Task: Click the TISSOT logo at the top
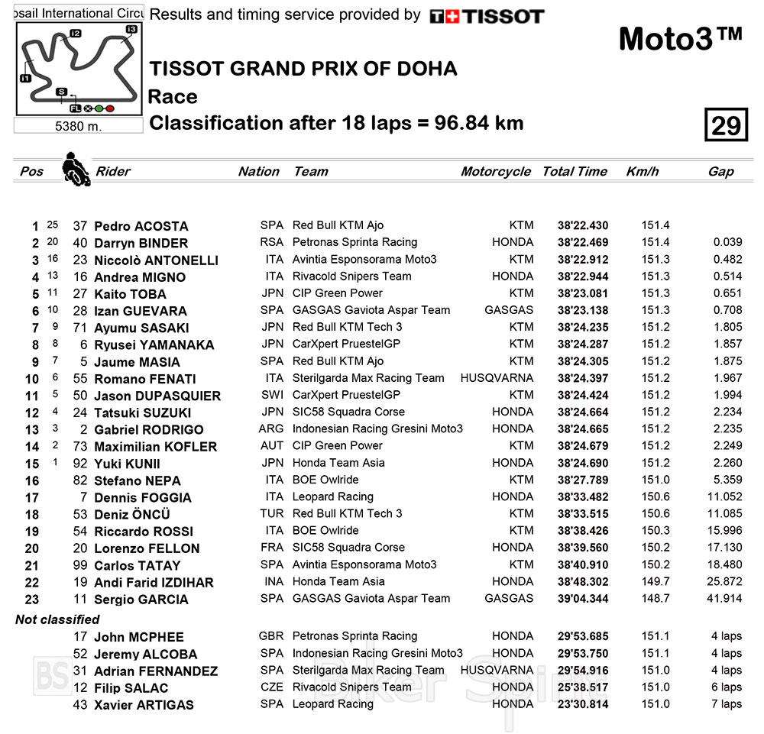[x=487, y=16]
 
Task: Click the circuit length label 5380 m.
[x=78, y=126]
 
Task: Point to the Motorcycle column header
[x=495, y=172]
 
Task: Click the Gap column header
[x=720, y=172]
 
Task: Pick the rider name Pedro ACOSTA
[x=141, y=226]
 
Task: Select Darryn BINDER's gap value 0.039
[x=727, y=243]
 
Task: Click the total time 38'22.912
[x=583, y=260]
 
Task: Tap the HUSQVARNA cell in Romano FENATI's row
[x=497, y=378]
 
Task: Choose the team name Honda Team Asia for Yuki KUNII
[x=338, y=463]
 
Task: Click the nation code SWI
[x=271, y=396]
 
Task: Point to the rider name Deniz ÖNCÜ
[x=131, y=514]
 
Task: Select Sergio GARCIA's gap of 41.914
[x=723, y=599]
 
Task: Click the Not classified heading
[x=57, y=619]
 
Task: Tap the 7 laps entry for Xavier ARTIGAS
[x=726, y=704]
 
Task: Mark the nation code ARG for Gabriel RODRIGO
[x=271, y=429]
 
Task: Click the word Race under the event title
[x=173, y=97]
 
